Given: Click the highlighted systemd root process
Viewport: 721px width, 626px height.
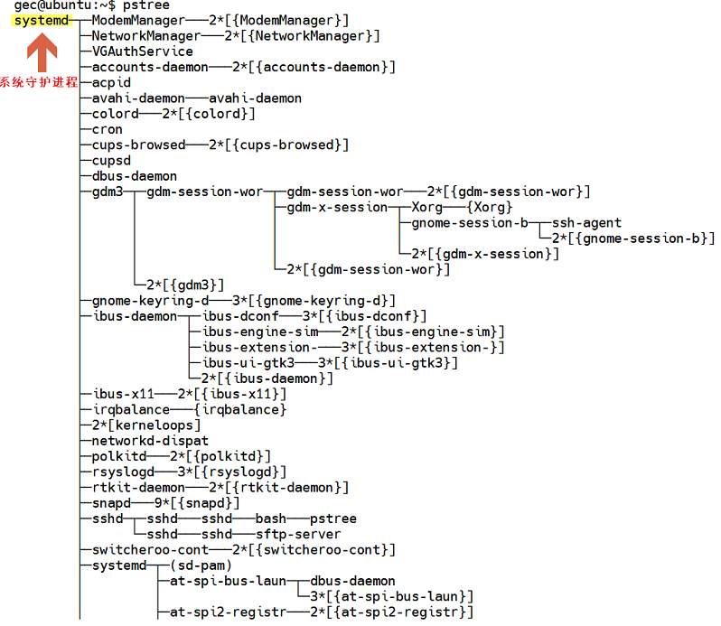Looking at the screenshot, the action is click(x=41, y=20).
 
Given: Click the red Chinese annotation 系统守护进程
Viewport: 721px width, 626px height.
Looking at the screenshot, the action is click(x=39, y=82).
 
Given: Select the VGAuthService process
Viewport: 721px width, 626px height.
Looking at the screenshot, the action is click(x=142, y=51).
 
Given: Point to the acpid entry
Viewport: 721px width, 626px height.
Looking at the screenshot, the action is click(x=111, y=82).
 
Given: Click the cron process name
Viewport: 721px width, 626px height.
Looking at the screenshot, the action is click(x=108, y=129).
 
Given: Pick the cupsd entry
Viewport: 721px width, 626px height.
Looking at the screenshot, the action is click(x=111, y=160).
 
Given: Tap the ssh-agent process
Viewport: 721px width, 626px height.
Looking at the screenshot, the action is click(x=586, y=222).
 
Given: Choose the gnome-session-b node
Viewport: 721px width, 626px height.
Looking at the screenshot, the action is click(x=470, y=222).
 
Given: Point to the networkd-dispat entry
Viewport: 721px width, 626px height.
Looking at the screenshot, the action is click(x=150, y=441).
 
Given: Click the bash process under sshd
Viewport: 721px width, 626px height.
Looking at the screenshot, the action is click(x=270, y=519).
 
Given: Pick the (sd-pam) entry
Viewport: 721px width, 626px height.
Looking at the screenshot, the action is click(x=201, y=565).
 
